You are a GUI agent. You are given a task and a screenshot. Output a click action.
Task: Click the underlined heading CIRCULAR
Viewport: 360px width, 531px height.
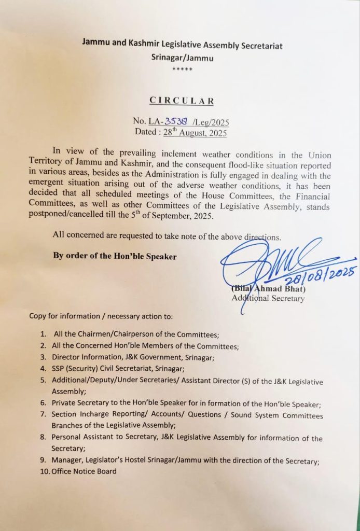pyautogui.click(x=181, y=101)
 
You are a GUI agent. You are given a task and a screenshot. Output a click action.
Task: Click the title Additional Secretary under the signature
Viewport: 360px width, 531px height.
pyautogui.click(x=268, y=298)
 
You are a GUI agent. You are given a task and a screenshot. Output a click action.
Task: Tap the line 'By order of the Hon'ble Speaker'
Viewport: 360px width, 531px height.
pyautogui.click(x=114, y=256)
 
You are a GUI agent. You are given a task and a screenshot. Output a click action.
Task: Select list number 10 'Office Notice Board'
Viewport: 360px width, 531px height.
pyautogui.click(x=84, y=471)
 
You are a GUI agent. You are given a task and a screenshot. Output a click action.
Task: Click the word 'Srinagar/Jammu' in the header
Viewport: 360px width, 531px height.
pyautogui.click(x=181, y=58)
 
